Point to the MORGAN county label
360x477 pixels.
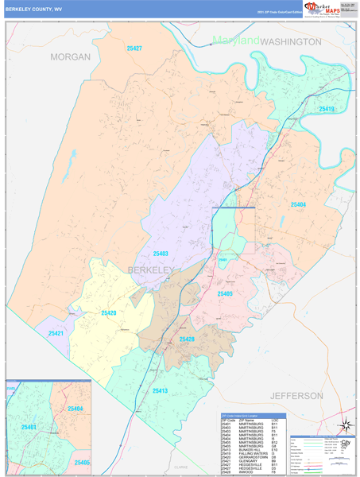click(71, 57)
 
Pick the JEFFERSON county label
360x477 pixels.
click(296, 395)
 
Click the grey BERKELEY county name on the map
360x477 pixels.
click(150, 271)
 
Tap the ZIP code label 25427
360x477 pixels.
click(134, 49)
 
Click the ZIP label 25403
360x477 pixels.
click(160, 254)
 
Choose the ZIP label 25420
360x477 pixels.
click(108, 313)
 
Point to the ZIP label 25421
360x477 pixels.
click(56, 333)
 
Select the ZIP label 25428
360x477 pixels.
click(187, 339)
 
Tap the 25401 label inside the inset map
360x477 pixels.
click(29, 428)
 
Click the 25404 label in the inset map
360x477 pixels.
click(75, 409)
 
